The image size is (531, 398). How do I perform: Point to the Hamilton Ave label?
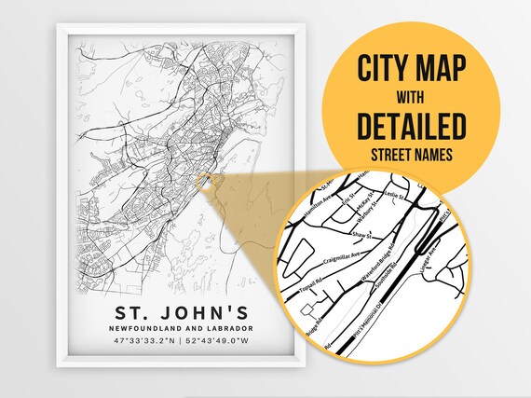click(x=330, y=197)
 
